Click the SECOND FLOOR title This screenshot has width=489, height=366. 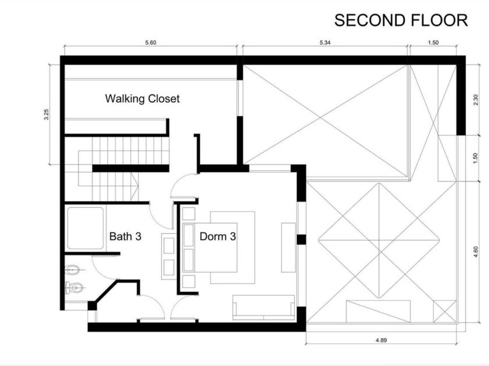[x=401, y=20]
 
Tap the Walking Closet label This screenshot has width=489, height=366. [x=142, y=99]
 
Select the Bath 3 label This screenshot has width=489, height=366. [x=125, y=236]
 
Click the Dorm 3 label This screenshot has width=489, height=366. [x=218, y=236]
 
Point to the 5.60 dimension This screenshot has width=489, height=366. [x=151, y=42]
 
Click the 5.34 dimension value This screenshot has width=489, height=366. [x=325, y=42]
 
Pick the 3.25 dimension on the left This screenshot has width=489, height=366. [x=47, y=114]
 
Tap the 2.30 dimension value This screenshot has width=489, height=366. [x=476, y=100]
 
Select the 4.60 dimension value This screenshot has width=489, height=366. [x=476, y=252]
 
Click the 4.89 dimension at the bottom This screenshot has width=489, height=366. [x=381, y=340]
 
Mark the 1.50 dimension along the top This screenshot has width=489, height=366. [x=433, y=42]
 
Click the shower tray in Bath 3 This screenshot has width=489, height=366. [x=86, y=228]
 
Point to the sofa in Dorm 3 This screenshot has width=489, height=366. [x=264, y=307]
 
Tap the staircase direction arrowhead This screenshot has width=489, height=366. [x=135, y=186]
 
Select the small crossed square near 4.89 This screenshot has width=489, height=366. [x=445, y=311]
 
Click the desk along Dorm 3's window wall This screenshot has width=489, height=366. [x=289, y=247]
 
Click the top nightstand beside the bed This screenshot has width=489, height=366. [x=189, y=214]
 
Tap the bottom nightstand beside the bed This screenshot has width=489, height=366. [x=189, y=281]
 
